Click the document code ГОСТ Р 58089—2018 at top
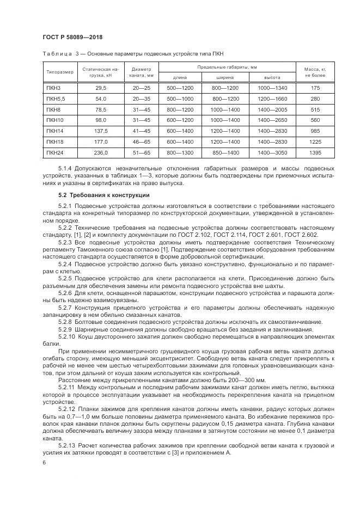pos(72,36)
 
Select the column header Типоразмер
pos(59,72)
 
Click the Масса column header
pos(315,72)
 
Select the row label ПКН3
pos(54,88)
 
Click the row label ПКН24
pos(56,153)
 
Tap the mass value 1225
pos(315,142)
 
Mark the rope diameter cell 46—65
pos(141,142)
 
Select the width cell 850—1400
pos(225,153)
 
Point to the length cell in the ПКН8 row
pos(180,109)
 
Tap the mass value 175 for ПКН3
pos(315,88)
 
